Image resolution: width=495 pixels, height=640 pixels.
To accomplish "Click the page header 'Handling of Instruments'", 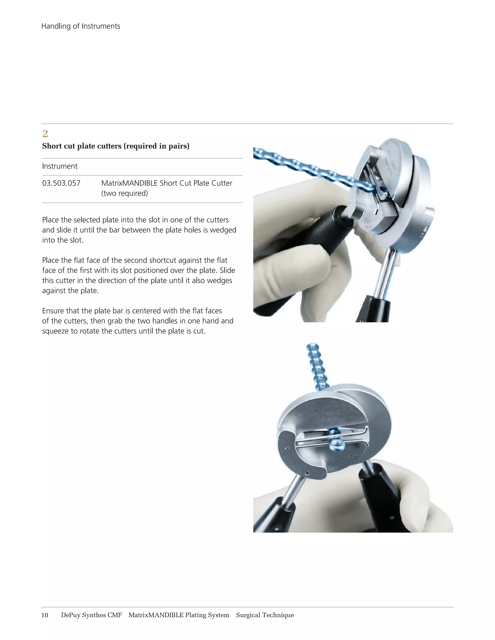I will [81, 26].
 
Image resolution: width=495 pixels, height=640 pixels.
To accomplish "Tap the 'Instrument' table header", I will [60, 166].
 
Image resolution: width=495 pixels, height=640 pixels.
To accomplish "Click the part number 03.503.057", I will [61, 184].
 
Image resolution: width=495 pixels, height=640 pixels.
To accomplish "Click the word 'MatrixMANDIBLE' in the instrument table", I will [129, 184].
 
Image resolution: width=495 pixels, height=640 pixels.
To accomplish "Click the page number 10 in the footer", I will [44, 615].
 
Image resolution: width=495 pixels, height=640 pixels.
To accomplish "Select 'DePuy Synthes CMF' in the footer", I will [91, 615].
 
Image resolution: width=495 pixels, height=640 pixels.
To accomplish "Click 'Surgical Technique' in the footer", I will [265, 615].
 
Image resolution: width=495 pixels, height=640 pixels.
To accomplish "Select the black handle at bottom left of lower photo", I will [273, 516].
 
